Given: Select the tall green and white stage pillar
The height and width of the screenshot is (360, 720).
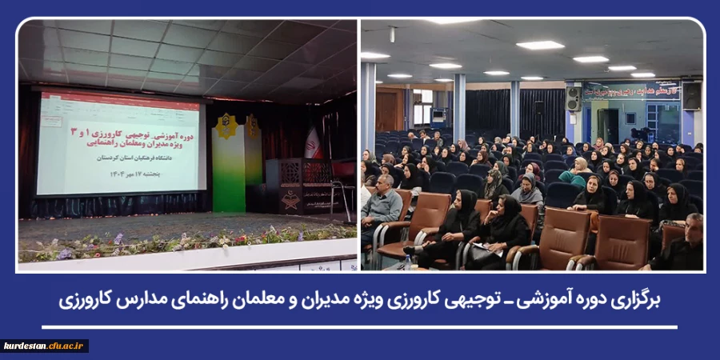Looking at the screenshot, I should click(230, 160).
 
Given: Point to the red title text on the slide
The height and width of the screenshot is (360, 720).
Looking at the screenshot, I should click(120, 129).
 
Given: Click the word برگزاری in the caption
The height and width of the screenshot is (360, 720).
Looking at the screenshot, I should click(632, 300).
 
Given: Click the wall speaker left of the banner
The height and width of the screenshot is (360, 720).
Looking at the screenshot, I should click(574, 98).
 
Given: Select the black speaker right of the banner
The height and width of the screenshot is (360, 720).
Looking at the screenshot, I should click(691, 96).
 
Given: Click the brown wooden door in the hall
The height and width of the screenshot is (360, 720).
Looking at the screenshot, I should click(389, 110).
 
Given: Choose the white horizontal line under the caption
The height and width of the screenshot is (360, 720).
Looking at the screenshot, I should click(360, 326).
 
